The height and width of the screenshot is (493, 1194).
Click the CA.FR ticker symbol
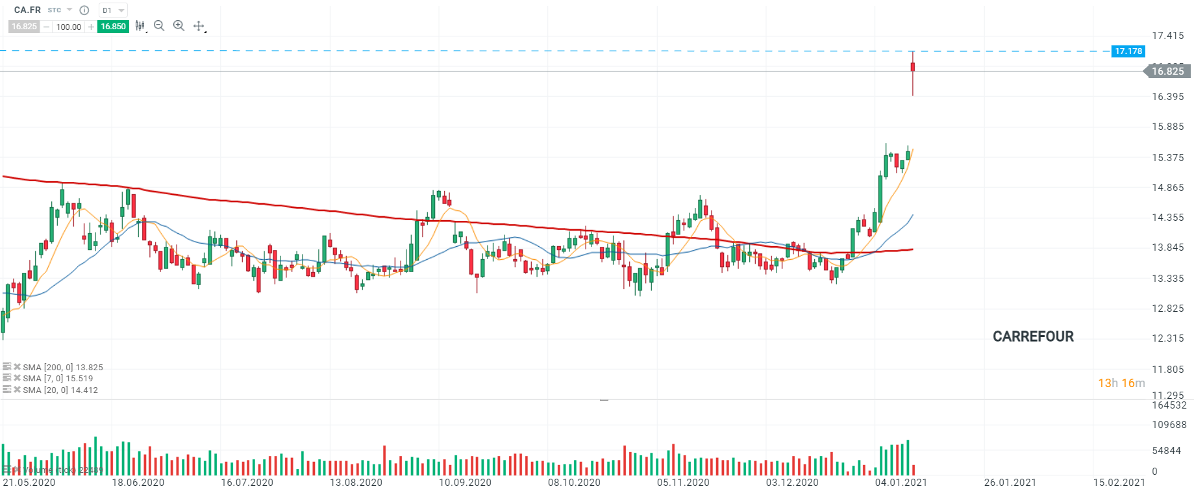(x=27, y=10)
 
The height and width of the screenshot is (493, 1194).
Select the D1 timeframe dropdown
(x=112, y=10)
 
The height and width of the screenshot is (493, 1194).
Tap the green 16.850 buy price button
(x=113, y=27)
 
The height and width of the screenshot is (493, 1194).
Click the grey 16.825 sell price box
(x=24, y=27)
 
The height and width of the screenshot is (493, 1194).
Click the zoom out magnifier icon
(x=159, y=26)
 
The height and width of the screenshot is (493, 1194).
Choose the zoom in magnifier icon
(x=179, y=26)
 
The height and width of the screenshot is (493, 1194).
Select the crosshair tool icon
(x=199, y=26)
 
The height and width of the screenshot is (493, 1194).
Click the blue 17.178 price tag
(x=1128, y=51)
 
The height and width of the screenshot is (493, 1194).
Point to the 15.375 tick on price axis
(x=1167, y=157)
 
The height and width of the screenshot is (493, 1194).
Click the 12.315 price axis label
(x=1167, y=338)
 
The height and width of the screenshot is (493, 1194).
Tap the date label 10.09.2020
(x=465, y=483)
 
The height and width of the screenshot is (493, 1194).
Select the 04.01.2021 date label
(x=901, y=483)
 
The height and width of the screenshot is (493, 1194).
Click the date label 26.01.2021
(x=1010, y=483)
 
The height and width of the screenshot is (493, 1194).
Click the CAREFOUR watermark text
(x=1033, y=336)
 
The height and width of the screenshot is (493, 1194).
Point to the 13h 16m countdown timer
(x=1121, y=383)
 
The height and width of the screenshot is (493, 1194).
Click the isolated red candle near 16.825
(x=913, y=68)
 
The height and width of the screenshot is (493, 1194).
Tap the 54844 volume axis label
(x=1166, y=451)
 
